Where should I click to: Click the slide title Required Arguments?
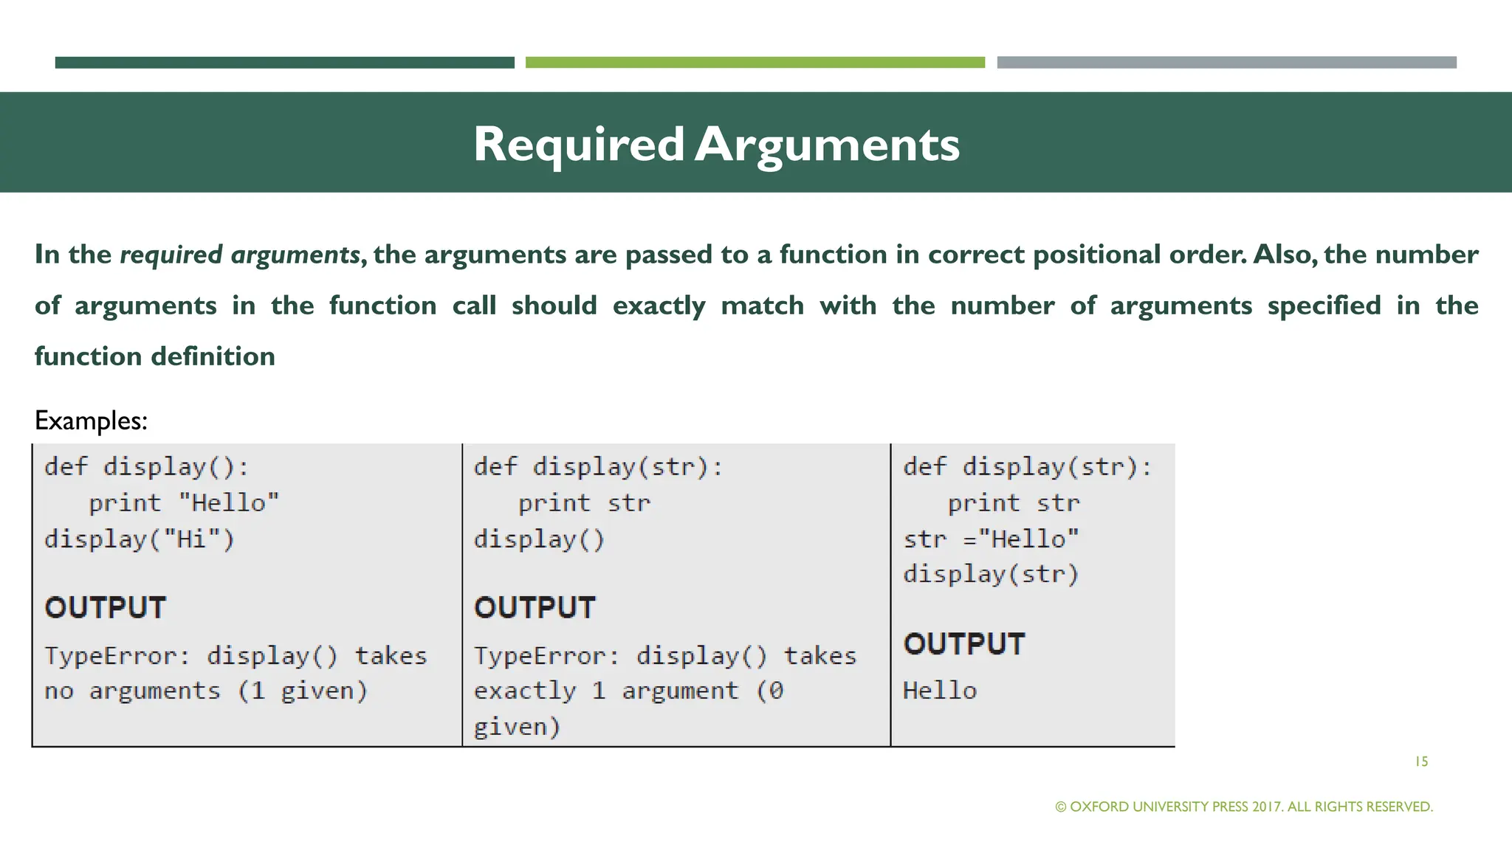716,144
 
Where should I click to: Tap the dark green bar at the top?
284,63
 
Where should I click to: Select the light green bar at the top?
755,63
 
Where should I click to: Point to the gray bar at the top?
1226,63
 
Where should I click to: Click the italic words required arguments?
240,255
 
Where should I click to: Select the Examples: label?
91,421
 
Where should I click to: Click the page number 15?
1421,761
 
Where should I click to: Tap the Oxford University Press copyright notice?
1244,806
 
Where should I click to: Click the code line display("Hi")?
140,539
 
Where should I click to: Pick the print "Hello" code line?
184,503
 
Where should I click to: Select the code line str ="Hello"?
991,539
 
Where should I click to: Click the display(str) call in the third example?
991,574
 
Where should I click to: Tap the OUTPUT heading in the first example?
106,608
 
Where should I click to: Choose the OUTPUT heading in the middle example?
535,608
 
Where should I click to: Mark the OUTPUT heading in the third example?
964,644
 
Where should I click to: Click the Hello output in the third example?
940,691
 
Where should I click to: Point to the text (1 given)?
302,691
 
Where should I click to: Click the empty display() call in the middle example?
539,539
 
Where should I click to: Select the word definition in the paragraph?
213,356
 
